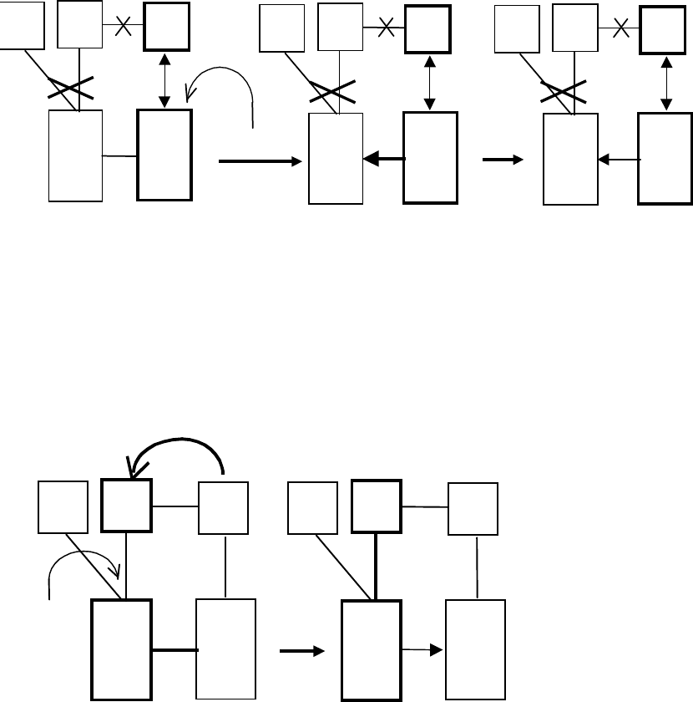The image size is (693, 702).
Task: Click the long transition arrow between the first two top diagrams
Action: tap(259, 162)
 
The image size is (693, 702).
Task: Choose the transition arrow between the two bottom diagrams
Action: tap(301, 651)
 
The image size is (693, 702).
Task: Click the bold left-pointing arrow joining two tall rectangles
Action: tap(383, 158)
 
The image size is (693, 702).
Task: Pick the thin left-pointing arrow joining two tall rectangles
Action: tap(619, 158)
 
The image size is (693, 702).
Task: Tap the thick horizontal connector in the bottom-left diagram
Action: tap(174, 649)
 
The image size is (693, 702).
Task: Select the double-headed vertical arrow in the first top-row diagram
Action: tap(164, 79)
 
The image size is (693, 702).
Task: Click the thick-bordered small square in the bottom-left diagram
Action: tap(126, 506)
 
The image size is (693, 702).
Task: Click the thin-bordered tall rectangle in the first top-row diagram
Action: tap(75, 155)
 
